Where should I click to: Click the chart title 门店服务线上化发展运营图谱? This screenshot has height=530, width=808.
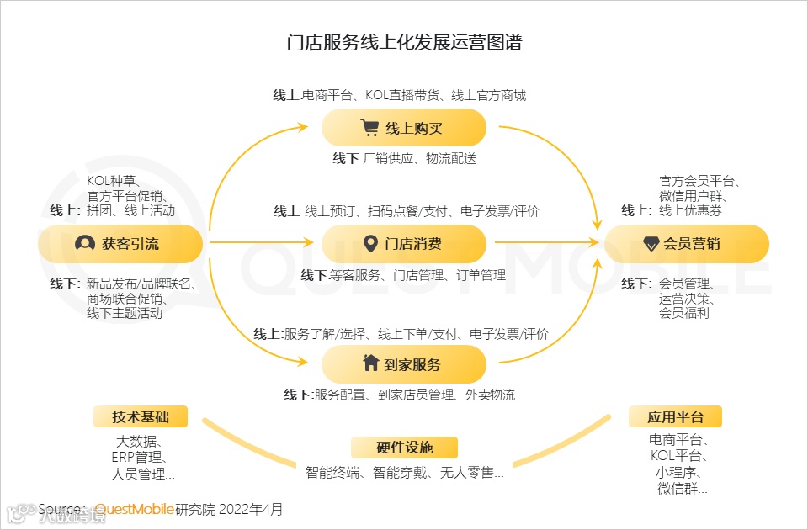coord(404,43)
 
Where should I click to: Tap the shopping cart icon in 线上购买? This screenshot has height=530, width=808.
coord(369,128)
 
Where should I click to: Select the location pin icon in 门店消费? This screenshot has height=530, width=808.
coord(369,244)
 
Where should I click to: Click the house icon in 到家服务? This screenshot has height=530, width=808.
coord(370,363)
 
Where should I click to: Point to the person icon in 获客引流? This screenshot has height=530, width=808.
coord(85,244)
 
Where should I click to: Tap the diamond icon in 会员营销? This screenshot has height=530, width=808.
coord(651,244)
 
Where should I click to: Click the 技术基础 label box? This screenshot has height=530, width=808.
coord(140,416)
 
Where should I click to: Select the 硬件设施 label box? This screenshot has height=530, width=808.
coord(404,447)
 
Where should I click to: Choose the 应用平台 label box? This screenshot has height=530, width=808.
coord(675,416)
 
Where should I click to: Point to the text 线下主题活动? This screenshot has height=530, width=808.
coord(125,314)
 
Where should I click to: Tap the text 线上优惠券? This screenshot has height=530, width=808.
coord(690,210)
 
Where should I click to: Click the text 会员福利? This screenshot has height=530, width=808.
coord(684,313)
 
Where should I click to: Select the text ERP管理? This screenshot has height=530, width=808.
coord(140,458)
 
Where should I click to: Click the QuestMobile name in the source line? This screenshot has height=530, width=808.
coord(134,509)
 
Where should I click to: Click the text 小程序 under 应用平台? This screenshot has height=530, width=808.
coord(678,472)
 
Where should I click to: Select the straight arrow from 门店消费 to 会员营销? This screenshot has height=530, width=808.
coord(547,243)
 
